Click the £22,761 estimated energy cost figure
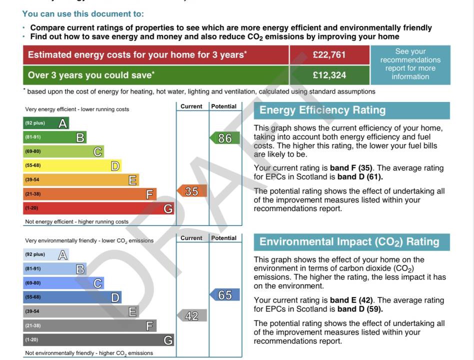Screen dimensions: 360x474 [329, 55]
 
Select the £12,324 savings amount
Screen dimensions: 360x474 [329, 75]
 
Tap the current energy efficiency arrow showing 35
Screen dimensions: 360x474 [192, 191]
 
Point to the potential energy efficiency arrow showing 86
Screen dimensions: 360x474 [225, 138]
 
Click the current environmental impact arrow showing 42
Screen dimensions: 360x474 [192, 315]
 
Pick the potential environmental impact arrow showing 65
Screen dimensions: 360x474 [225, 295]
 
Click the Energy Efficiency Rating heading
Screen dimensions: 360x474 [322, 110]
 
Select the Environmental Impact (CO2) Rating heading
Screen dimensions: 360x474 [349, 242]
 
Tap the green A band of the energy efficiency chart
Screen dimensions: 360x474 [46, 123]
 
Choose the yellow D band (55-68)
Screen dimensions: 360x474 [72, 165]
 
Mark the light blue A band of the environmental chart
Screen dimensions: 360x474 [46, 254]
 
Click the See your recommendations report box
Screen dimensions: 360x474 [410, 64]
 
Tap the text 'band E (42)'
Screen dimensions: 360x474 [352, 300]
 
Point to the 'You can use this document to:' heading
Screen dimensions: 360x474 [83, 14]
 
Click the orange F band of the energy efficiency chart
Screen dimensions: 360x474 [90, 194]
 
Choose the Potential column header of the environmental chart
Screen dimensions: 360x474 [224, 238]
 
